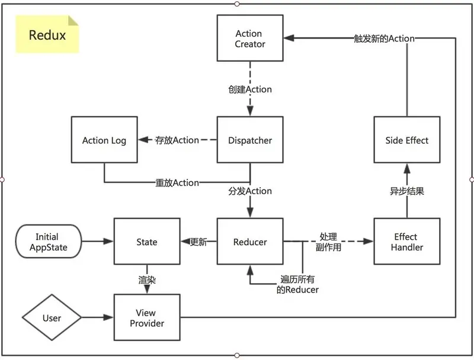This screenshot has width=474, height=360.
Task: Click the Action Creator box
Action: point(250,38)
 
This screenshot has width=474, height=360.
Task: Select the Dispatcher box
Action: point(250,140)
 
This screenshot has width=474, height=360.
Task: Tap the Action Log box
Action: point(104,140)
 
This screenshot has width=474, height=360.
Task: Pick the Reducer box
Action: point(250,242)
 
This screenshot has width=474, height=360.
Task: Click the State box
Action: point(147,242)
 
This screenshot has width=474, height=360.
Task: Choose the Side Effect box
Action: point(407,140)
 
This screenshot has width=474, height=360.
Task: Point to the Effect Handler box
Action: point(407,242)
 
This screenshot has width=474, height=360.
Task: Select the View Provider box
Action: point(147,317)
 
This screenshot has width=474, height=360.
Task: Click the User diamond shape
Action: point(52,317)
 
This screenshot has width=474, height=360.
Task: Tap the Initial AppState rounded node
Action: point(49,242)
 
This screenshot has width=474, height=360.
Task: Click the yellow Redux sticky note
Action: point(47,34)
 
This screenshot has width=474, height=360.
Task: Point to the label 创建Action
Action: point(250,89)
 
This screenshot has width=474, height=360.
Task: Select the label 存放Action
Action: point(177,140)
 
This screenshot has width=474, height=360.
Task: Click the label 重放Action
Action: point(177,183)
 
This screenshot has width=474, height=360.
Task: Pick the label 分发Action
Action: point(250,191)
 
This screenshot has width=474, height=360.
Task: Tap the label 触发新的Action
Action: point(384,38)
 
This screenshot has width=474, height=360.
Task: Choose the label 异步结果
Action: point(407,191)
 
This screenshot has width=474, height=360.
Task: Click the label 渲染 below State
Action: point(147,280)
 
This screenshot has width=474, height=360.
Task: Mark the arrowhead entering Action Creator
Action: point(289,38)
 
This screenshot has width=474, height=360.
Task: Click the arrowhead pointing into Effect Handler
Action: point(368,242)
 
